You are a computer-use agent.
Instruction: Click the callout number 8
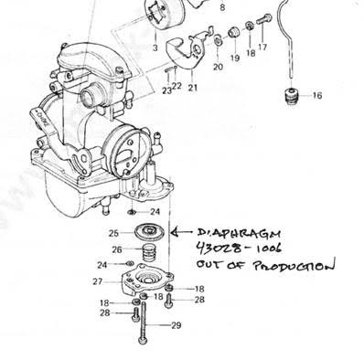220,6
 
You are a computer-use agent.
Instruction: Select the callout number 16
316,95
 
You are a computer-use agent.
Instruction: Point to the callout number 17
263,47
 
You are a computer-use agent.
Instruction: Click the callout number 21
192,88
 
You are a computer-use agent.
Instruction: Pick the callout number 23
166,90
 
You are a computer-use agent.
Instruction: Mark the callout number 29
176,326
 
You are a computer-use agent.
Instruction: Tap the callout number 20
218,67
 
